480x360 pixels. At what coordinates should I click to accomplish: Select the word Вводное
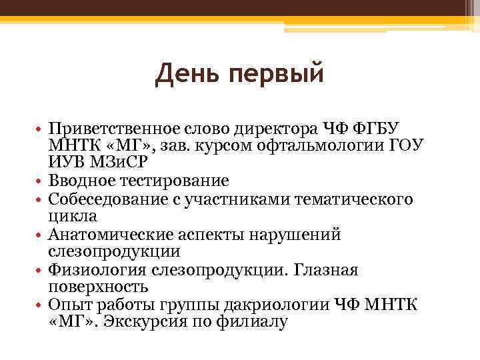tap(85, 181)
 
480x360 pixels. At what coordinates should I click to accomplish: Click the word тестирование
tap(177, 181)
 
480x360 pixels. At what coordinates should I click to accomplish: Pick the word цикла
tap(73, 216)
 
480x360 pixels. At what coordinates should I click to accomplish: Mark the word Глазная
tap(325, 270)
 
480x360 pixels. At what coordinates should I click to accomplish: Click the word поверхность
tap(97, 287)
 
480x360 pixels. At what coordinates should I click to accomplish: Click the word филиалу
tap(255, 322)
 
